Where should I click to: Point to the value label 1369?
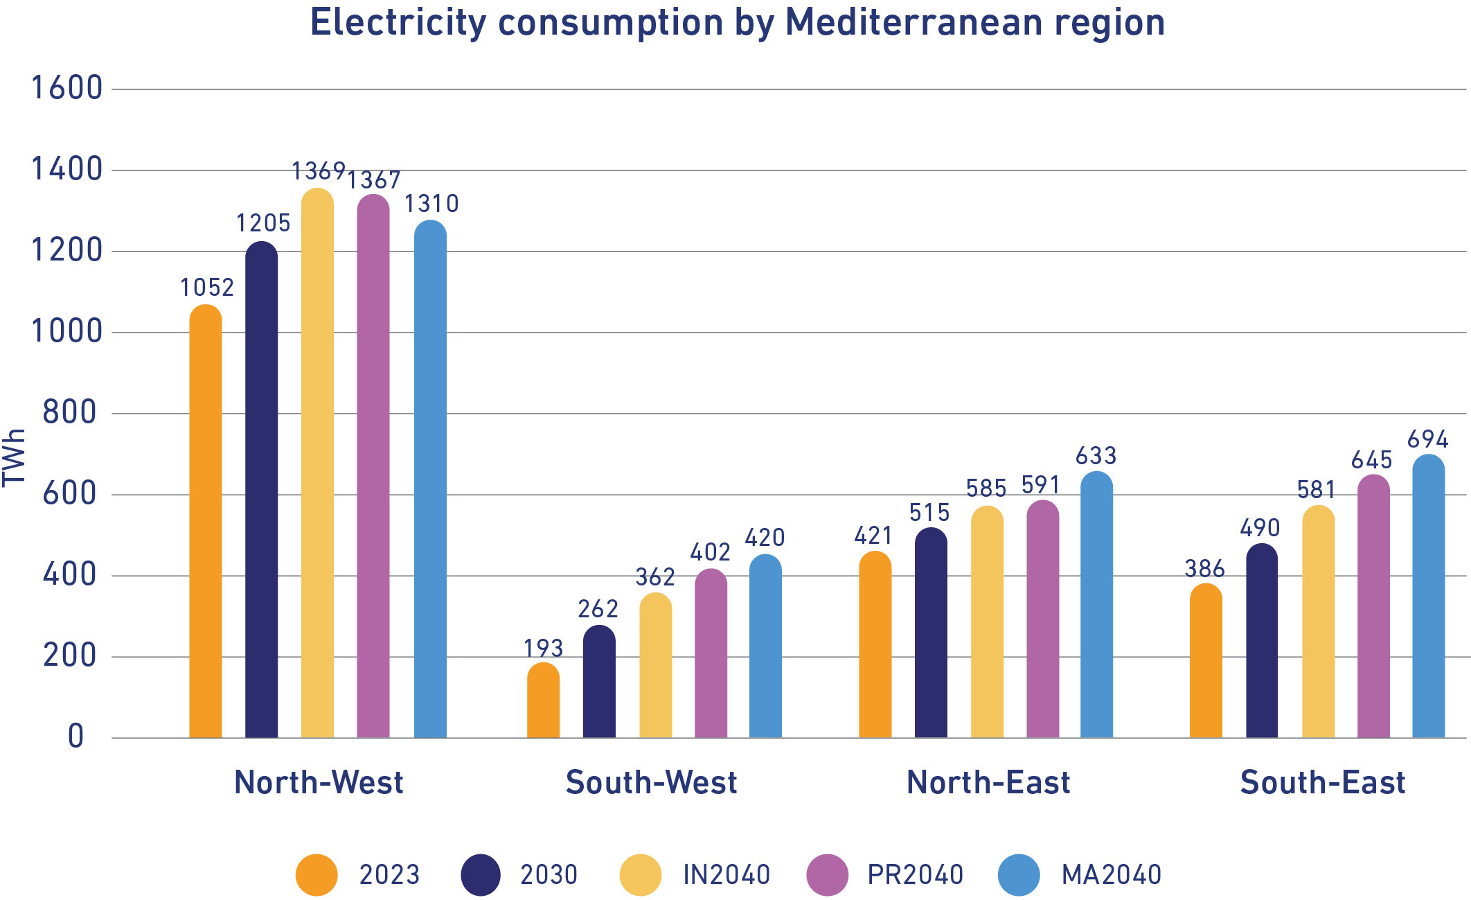coord(318,170)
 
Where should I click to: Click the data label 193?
coord(543,648)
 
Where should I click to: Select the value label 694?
coord(1427,439)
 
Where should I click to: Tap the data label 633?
coord(1096,456)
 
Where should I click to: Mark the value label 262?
coord(598,609)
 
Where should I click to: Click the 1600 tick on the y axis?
coord(67,88)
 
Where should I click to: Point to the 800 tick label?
coord(70,412)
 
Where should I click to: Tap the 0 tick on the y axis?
coord(76,736)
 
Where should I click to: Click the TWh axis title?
coord(14,457)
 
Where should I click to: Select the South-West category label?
coord(651,782)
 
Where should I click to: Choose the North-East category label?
coord(988,782)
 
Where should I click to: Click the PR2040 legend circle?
coord(827,874)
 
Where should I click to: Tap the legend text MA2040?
coord(1111,874)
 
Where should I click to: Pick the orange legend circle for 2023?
coord(317,874)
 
